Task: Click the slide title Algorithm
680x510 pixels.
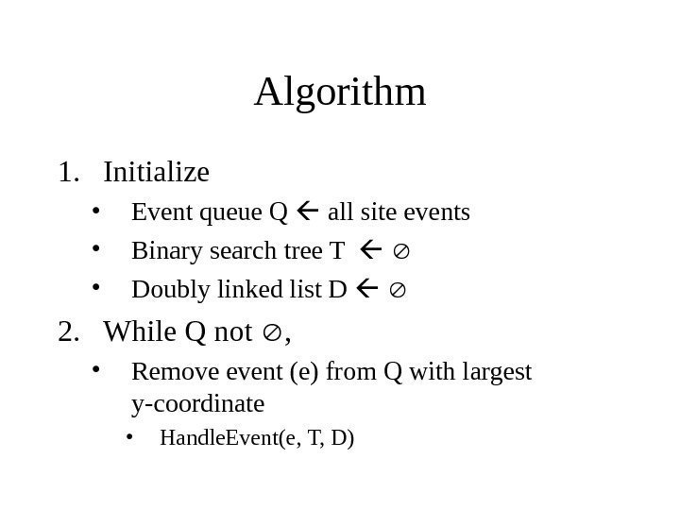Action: [340, 93]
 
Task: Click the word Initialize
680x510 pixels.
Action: [156, 173]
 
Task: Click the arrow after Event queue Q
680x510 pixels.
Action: [307, 212]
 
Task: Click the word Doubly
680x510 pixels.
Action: [162, 289]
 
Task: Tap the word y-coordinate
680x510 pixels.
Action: [197, 405]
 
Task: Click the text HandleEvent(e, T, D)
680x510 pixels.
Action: [257, 438]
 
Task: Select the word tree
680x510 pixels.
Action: [301, 251]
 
